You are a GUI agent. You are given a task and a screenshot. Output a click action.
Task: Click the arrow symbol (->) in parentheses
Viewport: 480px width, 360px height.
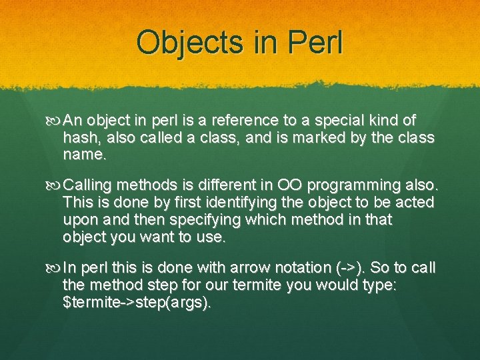[349, 268]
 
